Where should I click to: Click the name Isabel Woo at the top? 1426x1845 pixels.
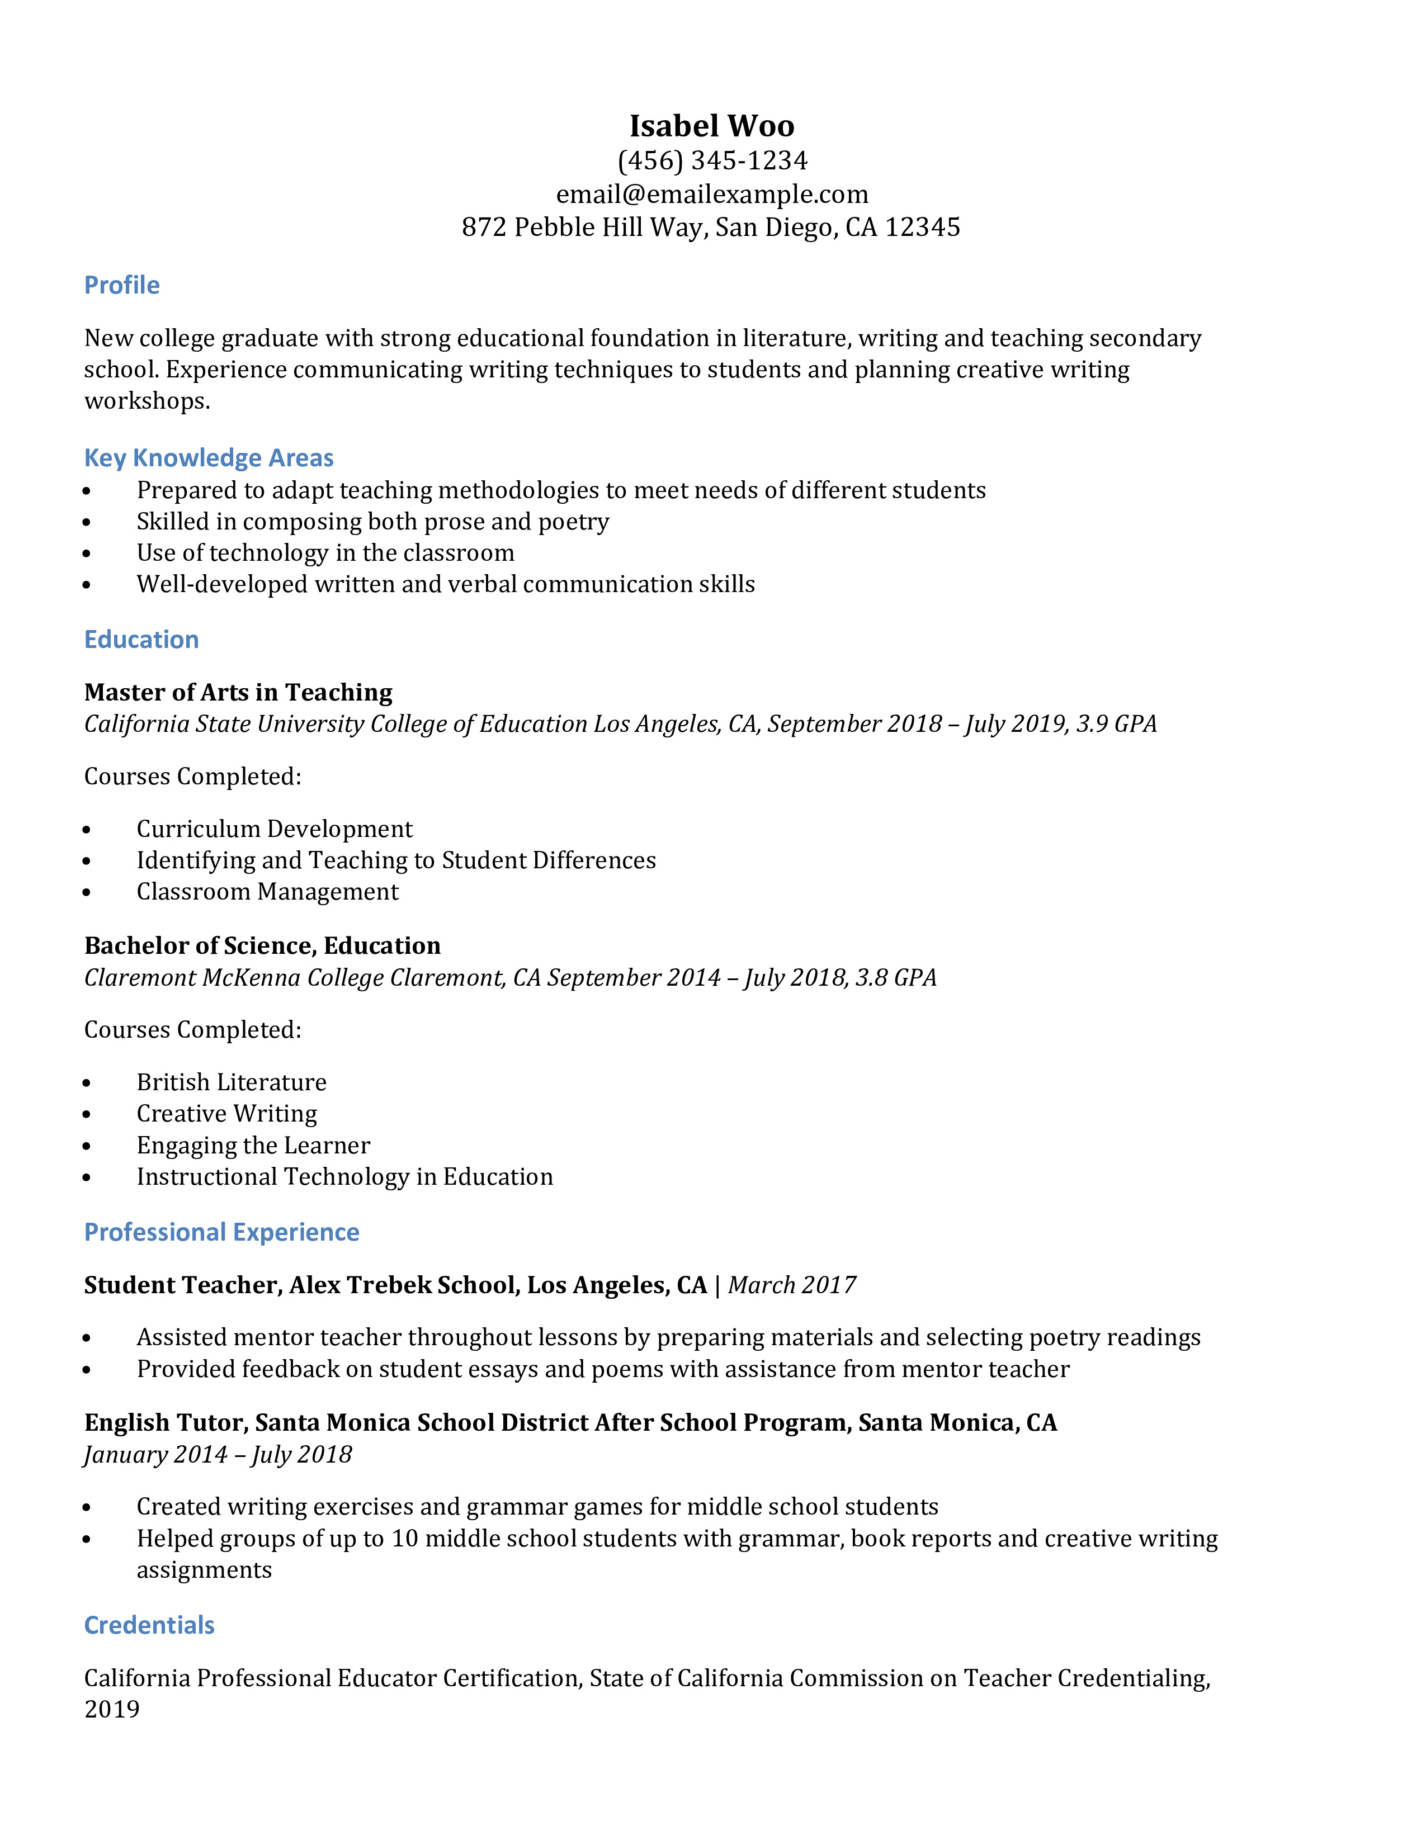click(x=711, y=126)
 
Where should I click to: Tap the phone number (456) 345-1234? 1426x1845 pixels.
click(x=711, y=160)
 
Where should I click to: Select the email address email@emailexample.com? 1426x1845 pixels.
click(x=711, y=195)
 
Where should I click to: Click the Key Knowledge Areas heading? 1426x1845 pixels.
click(x=209, y=458)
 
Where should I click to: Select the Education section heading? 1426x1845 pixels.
click(x=141, y=640)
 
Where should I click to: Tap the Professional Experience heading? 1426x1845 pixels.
click(x=221, y=1233)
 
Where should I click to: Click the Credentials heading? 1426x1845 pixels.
click(x=149, y=1625)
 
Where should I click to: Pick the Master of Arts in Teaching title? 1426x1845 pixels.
click(x=238, y=693)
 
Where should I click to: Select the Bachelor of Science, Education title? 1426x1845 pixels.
click(x=262, y=945)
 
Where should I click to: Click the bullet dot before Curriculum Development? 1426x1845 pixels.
click(x=87, y=830)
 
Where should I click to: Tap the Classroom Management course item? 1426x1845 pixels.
click(x=267, y=892)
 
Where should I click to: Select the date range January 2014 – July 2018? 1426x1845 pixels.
click(x=218, y=1455)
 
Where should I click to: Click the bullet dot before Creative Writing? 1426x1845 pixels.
click(x=87, y=1115)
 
